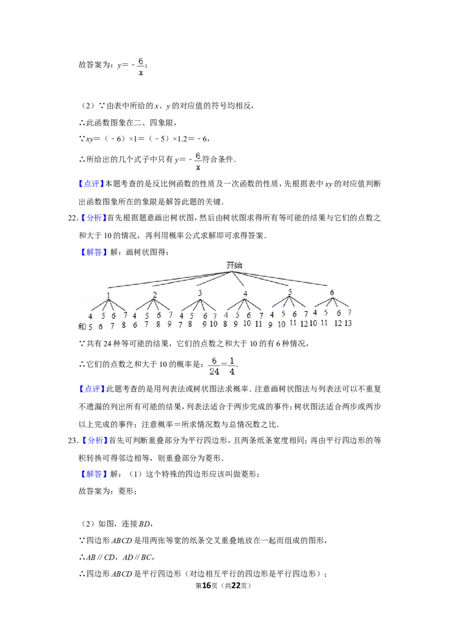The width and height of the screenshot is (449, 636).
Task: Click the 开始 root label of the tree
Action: pos(234,265)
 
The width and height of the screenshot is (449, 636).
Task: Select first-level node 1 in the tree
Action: pos(108,296)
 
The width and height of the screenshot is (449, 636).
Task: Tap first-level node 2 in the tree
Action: pos(155,295)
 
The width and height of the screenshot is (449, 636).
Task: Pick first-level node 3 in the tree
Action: pos(200,293)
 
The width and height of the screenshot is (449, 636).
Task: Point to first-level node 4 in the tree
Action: pos(245,294)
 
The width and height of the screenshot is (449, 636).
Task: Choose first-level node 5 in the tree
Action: pos(290,292)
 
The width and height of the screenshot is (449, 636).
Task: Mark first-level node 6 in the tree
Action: pos(332,293)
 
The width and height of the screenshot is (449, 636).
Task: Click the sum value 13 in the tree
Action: pos(349,323)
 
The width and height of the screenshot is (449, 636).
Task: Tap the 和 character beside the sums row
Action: pos(81,326)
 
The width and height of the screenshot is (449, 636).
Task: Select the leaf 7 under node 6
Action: pos(349,312)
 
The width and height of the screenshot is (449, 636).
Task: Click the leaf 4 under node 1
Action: pos(90,316)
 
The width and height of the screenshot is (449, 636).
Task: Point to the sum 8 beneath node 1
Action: pos(124,325)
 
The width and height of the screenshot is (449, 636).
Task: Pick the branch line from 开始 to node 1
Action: pos(168,280)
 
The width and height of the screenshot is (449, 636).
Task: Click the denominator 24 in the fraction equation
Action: pos(214,371)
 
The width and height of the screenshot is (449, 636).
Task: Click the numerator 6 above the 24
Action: pos(214,360)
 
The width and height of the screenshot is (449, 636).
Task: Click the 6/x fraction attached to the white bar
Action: pos(198,161)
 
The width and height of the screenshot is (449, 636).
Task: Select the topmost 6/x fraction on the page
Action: pos(141,65)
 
